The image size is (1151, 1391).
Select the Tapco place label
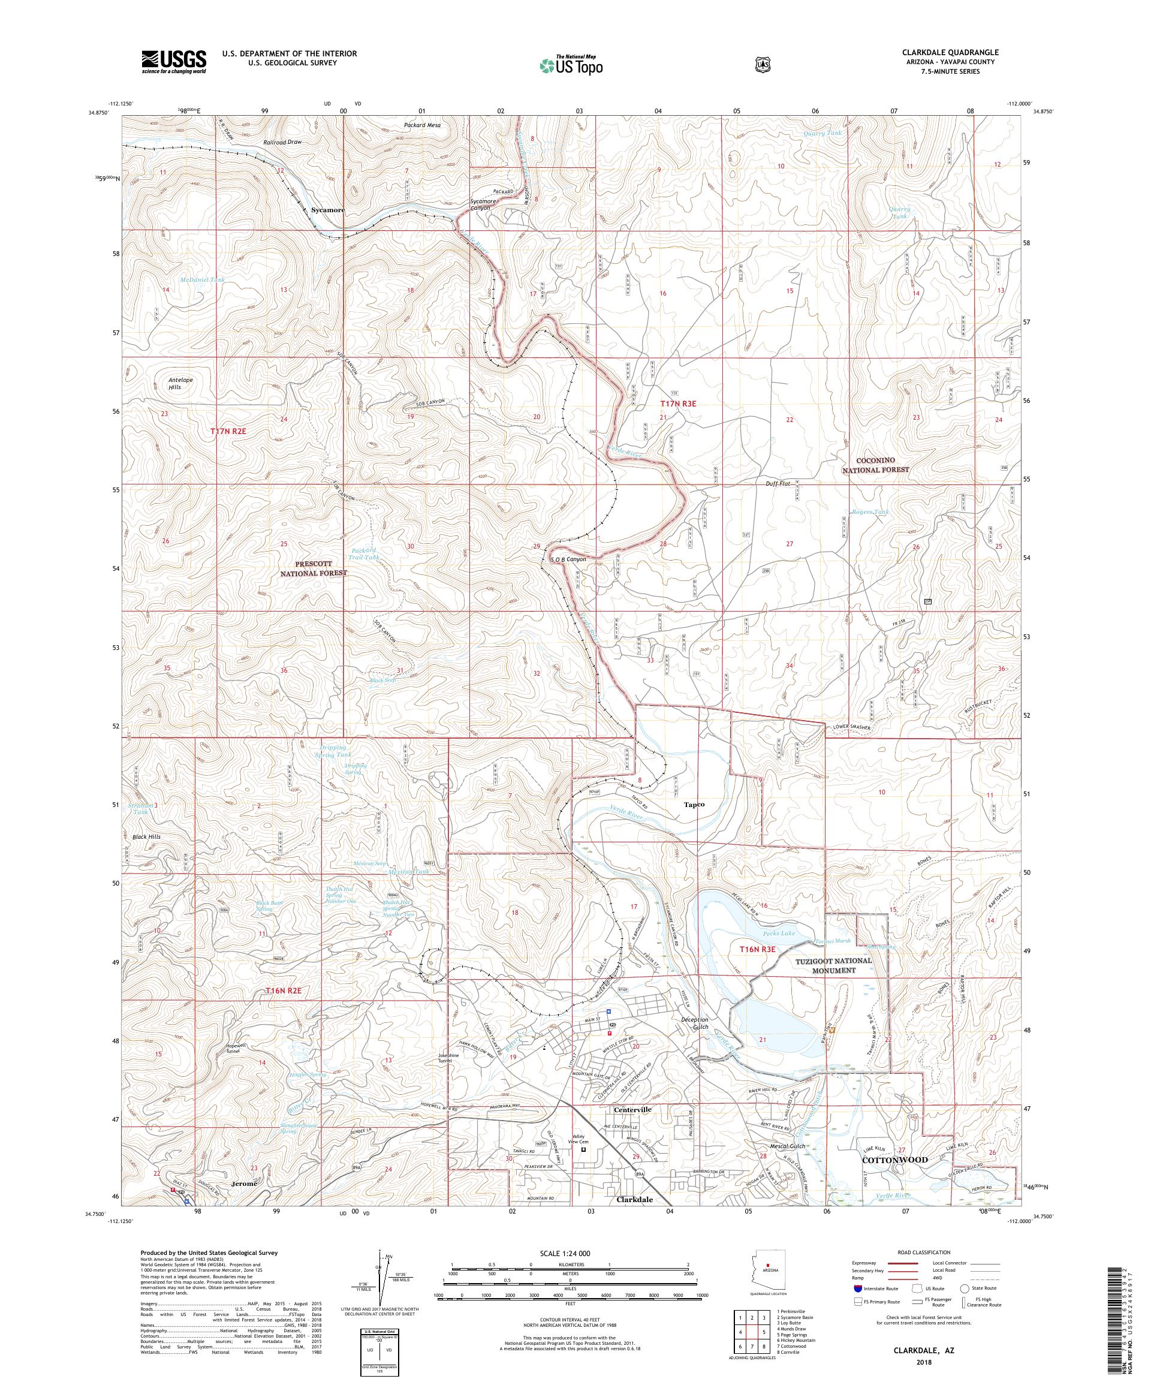tap(694, 804)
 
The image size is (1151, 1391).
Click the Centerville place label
tap(632, 1109)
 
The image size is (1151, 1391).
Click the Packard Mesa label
tap(422, 125)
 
